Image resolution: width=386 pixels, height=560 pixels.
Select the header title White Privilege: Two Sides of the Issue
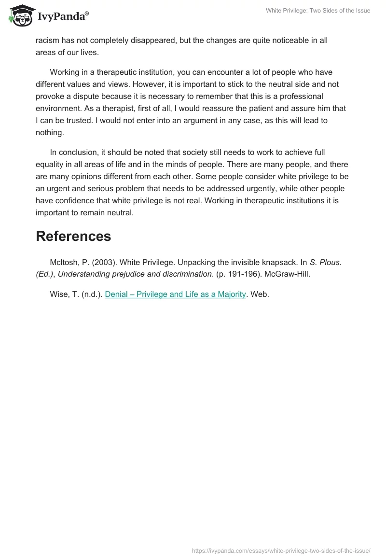point(318,11)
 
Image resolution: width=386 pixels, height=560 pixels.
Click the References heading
point(73,236)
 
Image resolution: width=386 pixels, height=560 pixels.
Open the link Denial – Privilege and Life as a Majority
point(175,294)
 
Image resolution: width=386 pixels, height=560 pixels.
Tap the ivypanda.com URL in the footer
point(281,550)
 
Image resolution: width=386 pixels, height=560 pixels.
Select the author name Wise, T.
point(64,294)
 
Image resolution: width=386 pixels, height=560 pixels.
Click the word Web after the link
point(260,294)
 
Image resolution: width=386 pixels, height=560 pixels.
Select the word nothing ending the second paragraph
point(49,132)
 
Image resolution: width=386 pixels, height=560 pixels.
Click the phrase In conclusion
point(74,152)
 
